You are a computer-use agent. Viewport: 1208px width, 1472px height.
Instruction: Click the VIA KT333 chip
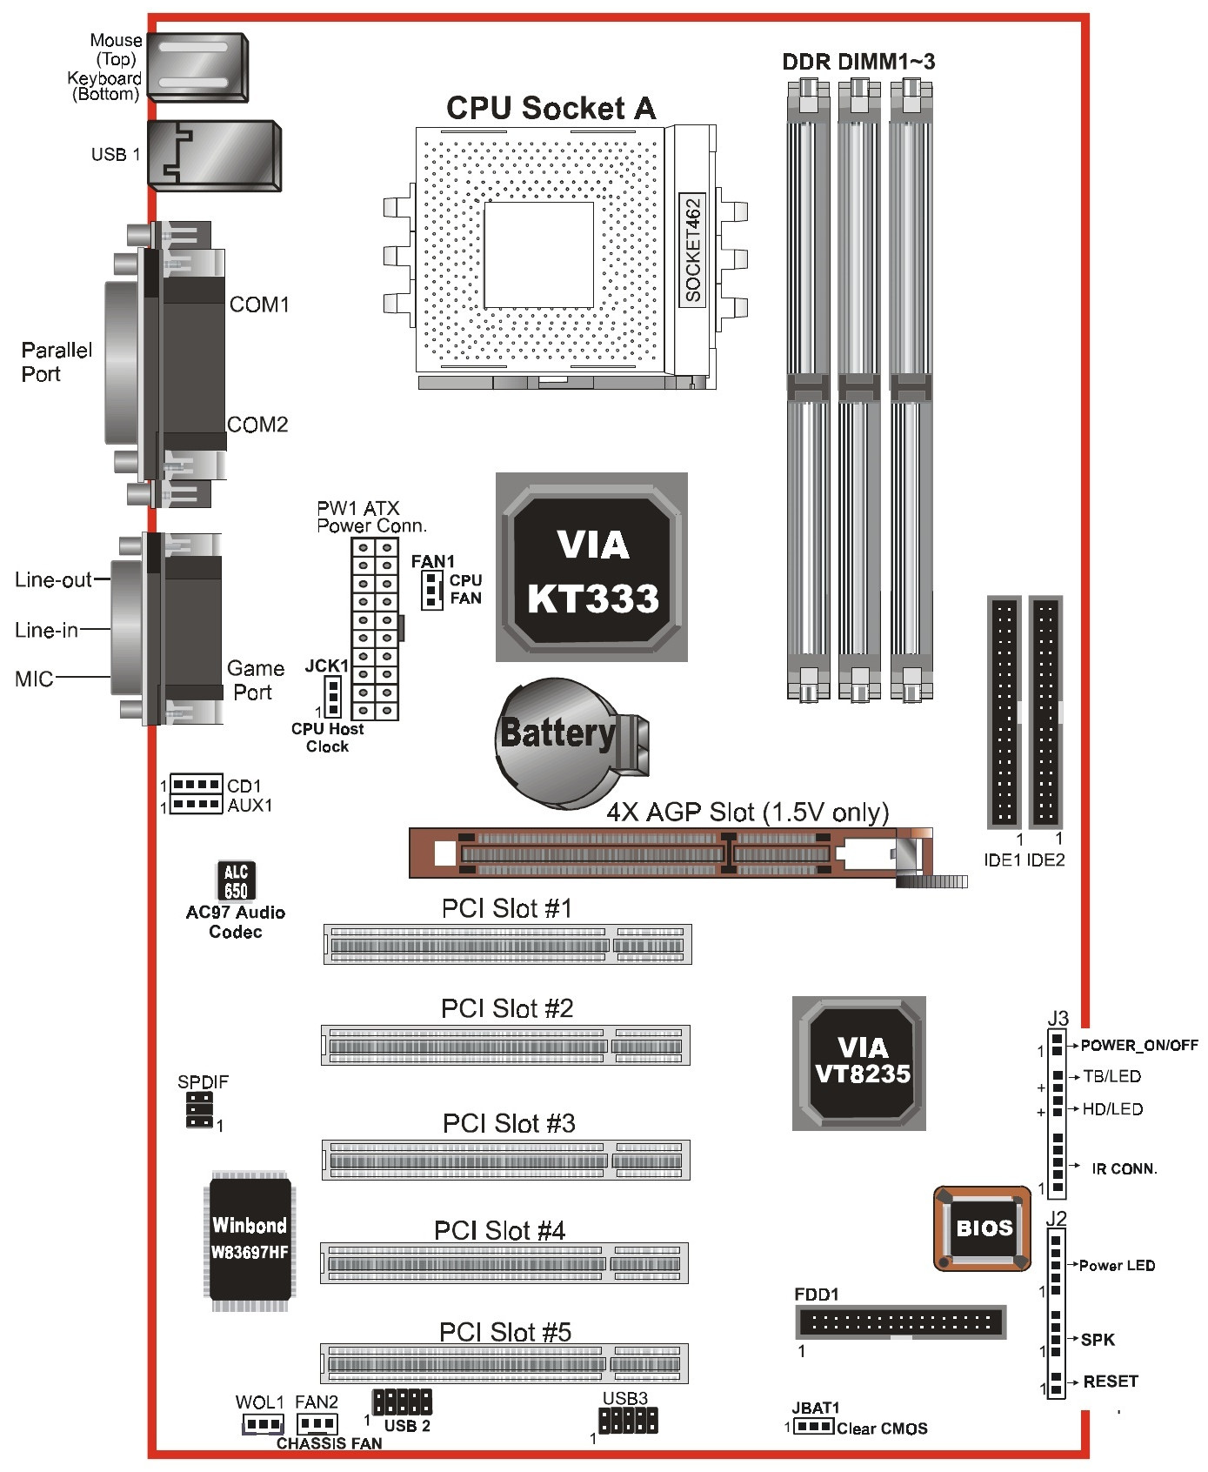coord(592,568)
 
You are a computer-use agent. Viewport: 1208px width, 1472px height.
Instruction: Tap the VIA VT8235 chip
coord(859,1063)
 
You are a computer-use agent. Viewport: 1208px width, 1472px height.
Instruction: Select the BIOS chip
coord(983,1228)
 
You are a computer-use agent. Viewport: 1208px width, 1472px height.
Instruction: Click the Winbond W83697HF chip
coord(250,1240)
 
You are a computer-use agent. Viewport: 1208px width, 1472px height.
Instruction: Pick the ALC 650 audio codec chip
coord(236,881)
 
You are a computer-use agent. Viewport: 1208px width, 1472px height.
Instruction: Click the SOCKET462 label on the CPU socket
coord(692,251)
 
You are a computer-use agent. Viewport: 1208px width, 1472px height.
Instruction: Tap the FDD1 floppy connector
coord(901,1322)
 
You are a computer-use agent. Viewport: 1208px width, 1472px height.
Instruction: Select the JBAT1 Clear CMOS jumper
coord(813,1427)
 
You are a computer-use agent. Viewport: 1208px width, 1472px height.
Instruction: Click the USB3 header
coord(628,1421)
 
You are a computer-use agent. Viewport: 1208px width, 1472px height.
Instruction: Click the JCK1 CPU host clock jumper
coord(331,696)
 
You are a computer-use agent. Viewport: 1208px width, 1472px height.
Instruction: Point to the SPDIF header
coord(199,1111)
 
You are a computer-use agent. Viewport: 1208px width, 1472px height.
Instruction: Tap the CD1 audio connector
coord(196,785)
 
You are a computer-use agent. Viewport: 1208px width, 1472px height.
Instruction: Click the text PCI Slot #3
coord(509,1123)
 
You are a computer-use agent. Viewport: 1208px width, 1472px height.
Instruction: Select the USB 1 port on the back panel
coord(214,155)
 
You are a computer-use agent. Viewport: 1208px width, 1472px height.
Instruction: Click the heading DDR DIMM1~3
coord(858,62)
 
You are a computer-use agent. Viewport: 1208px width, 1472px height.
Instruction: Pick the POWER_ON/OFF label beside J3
coord(1139,1045)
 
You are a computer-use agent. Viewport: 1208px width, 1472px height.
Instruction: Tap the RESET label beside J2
coord(1110,1382)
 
